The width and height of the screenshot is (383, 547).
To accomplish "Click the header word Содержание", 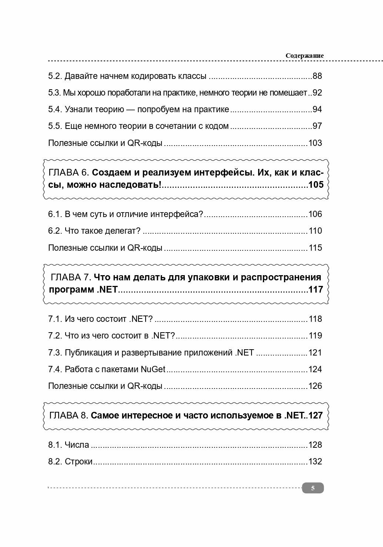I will point(304,56).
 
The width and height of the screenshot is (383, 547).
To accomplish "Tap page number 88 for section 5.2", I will point(317,76).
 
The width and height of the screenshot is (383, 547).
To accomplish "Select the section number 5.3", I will point(54,93).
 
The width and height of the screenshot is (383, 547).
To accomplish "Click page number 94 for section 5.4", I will point(317,110).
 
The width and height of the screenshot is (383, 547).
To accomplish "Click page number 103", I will point(315,143).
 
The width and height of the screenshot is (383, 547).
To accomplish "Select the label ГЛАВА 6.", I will point(69,173).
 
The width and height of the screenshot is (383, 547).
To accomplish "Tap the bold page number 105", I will point(316,184).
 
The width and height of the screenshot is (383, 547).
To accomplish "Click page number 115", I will point(315,248).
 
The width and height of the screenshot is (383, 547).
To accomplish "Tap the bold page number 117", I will point(316,289).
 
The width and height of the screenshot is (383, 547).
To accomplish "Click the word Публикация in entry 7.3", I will point(87,353).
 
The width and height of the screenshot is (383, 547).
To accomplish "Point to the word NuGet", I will point(153,369).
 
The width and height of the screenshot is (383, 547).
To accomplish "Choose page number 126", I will point(315,386).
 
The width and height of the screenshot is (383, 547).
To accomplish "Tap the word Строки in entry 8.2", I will point(79,462).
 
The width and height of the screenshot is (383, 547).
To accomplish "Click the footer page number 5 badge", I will point(313,488).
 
